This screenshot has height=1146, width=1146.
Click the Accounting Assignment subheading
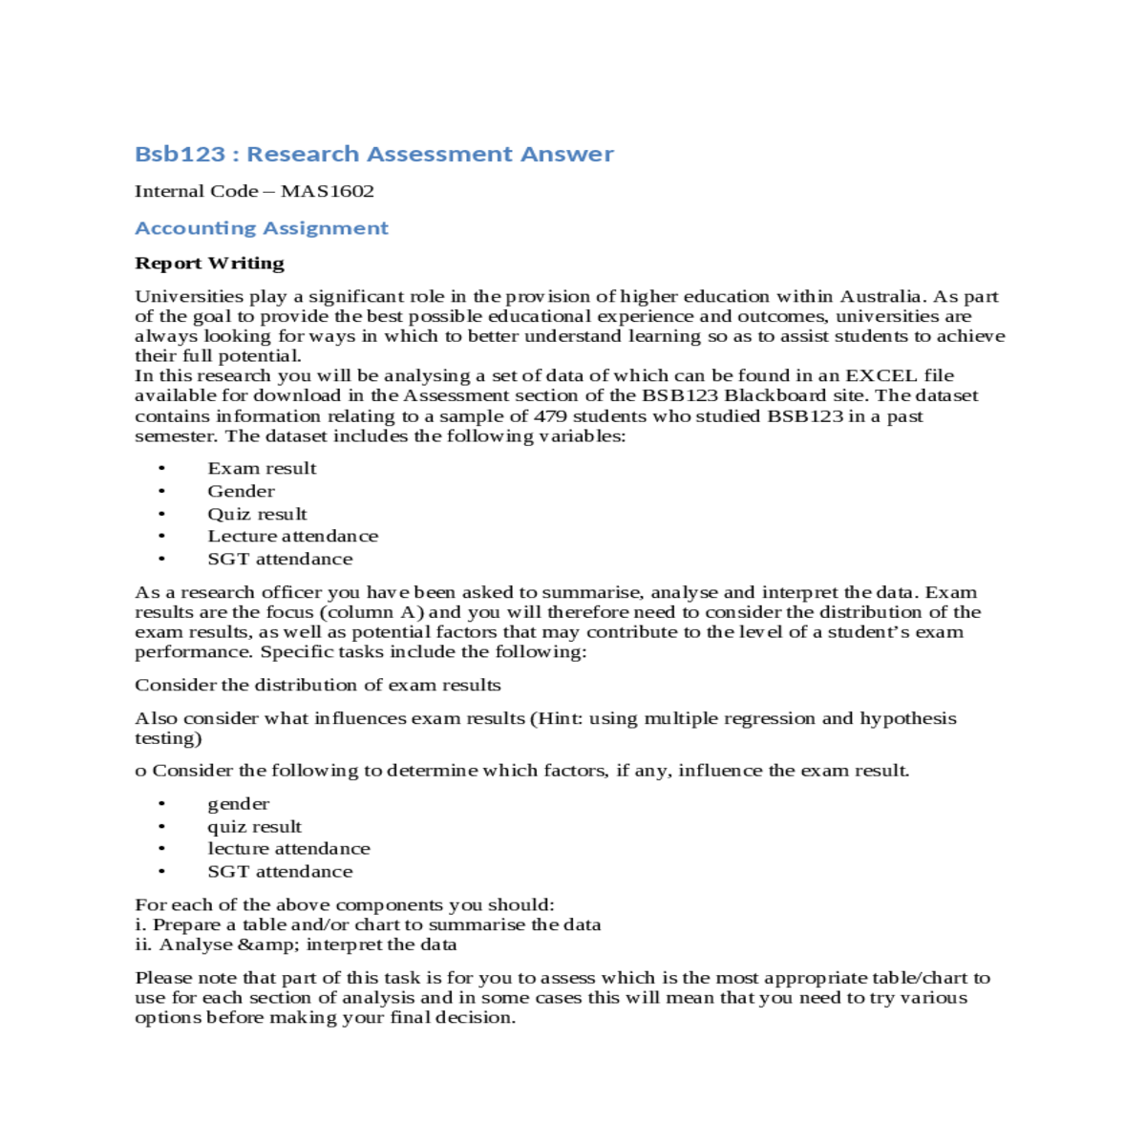point(262,228)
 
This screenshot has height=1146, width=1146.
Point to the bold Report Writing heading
point(209,263)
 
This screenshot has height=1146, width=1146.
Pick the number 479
point(551,415)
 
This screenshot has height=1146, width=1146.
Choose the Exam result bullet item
point(262,468)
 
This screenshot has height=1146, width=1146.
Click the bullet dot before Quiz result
point(162,514)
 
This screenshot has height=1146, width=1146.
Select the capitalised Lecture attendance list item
point(292,536)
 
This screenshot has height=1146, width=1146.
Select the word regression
point(751,718)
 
